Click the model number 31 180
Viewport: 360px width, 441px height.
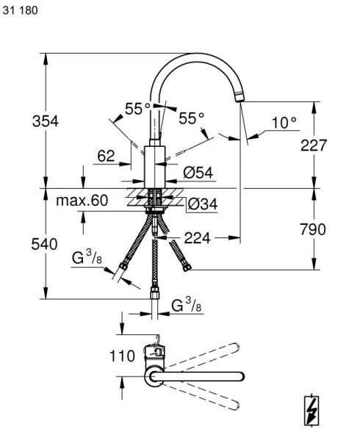click(20, 10)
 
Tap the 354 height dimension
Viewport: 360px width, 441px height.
click(46, 121)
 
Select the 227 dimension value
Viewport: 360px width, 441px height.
click(314, 145)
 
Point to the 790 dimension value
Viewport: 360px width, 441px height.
click(313, 229)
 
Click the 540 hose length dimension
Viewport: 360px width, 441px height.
click(44, 244)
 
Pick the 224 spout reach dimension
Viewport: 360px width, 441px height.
click(197, 238)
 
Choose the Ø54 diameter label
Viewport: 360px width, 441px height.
click(198, 173)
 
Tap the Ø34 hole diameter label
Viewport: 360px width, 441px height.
click(202, 204)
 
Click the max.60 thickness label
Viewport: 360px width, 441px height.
click(82, 201)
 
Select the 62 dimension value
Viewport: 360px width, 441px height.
click(106, 156)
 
